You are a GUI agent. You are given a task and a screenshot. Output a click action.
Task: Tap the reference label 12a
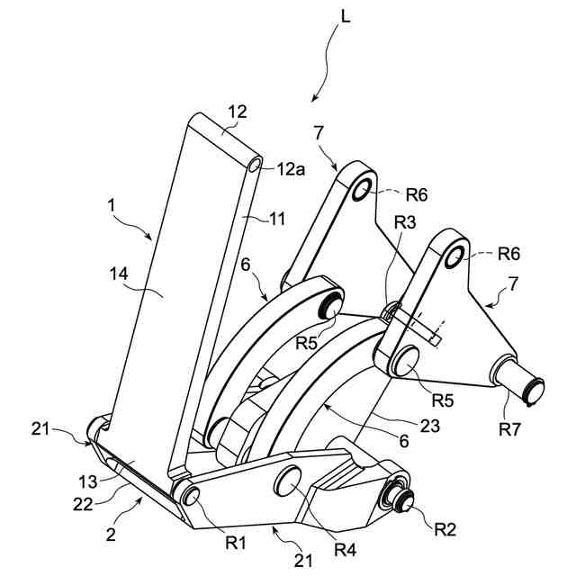(x=291, y=168)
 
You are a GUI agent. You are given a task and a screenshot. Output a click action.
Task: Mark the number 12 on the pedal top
(x=237, y=112)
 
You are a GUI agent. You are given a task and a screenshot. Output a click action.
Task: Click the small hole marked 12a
(x=256, y=165)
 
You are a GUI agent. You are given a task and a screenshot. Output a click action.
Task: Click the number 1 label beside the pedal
(x=112, y=205)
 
